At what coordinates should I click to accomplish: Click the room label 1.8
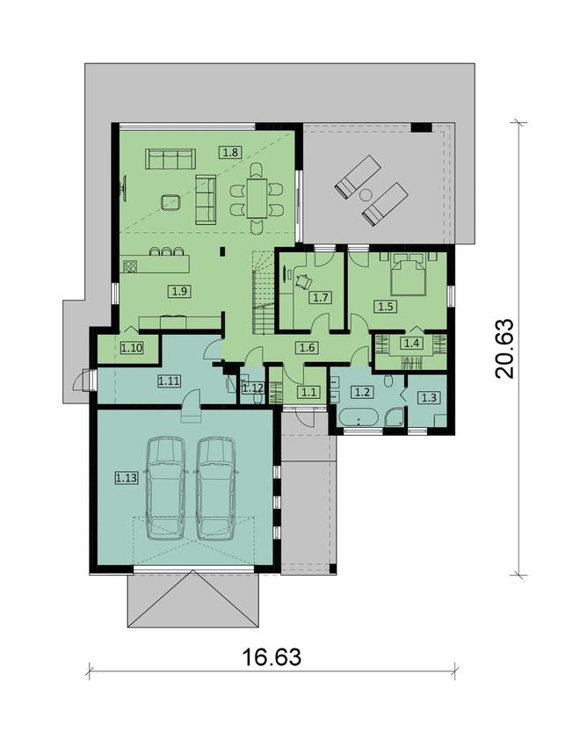[x=230, y=151]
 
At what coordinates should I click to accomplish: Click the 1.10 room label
[x=132, y=348]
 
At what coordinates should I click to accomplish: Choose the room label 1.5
[x=385, y=306]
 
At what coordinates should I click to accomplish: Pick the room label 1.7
[x=320, y=297]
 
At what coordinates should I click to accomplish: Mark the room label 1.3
[x=428, y=398]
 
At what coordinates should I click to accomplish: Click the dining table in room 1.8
[x=257, y=199]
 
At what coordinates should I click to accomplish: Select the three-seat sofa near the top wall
[x=169, y=159]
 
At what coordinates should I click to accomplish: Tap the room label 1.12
[x=253, y=387]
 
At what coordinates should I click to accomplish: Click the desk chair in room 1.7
[x=304, y=281]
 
